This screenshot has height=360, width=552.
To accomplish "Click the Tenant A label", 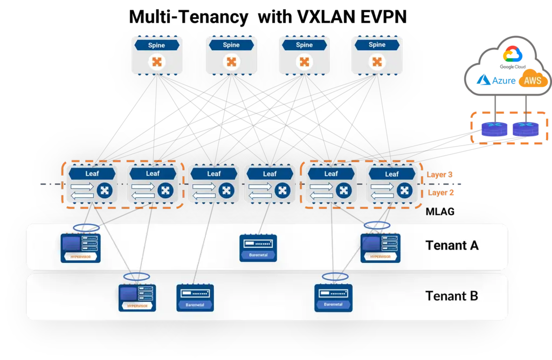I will pyautogui.click(x=452, y=246).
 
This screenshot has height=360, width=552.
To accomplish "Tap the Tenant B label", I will pyautogui.click(x=452, y=296).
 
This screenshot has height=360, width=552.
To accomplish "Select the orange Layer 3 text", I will pyautogui.click(x=439, y=175).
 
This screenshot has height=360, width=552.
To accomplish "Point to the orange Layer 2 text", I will pyautogui.click(x=439, y=192).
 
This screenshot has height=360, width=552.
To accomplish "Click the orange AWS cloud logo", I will pyautogui.click(x=533, y=81).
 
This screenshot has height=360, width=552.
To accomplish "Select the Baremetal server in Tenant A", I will pyautogui.click(x=258, y=248).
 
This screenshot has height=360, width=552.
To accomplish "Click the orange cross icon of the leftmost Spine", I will pyautogui.click(x=157, y=62).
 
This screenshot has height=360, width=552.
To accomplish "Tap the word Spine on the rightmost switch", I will pyautogui.click(x=377, y=45).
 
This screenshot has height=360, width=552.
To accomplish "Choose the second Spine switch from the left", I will pyautogui.click(x=231, y=55).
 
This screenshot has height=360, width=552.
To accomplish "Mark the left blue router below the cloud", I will pyautogui.click(x=494, y=129).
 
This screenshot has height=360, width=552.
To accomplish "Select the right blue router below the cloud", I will pyautogui.click(x=526, y=129).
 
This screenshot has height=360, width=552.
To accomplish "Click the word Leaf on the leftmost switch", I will pyautogui.click(x=92, y=174).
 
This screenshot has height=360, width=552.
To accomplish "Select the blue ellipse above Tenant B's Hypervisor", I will pyautogui.click(x=136, y=276).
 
